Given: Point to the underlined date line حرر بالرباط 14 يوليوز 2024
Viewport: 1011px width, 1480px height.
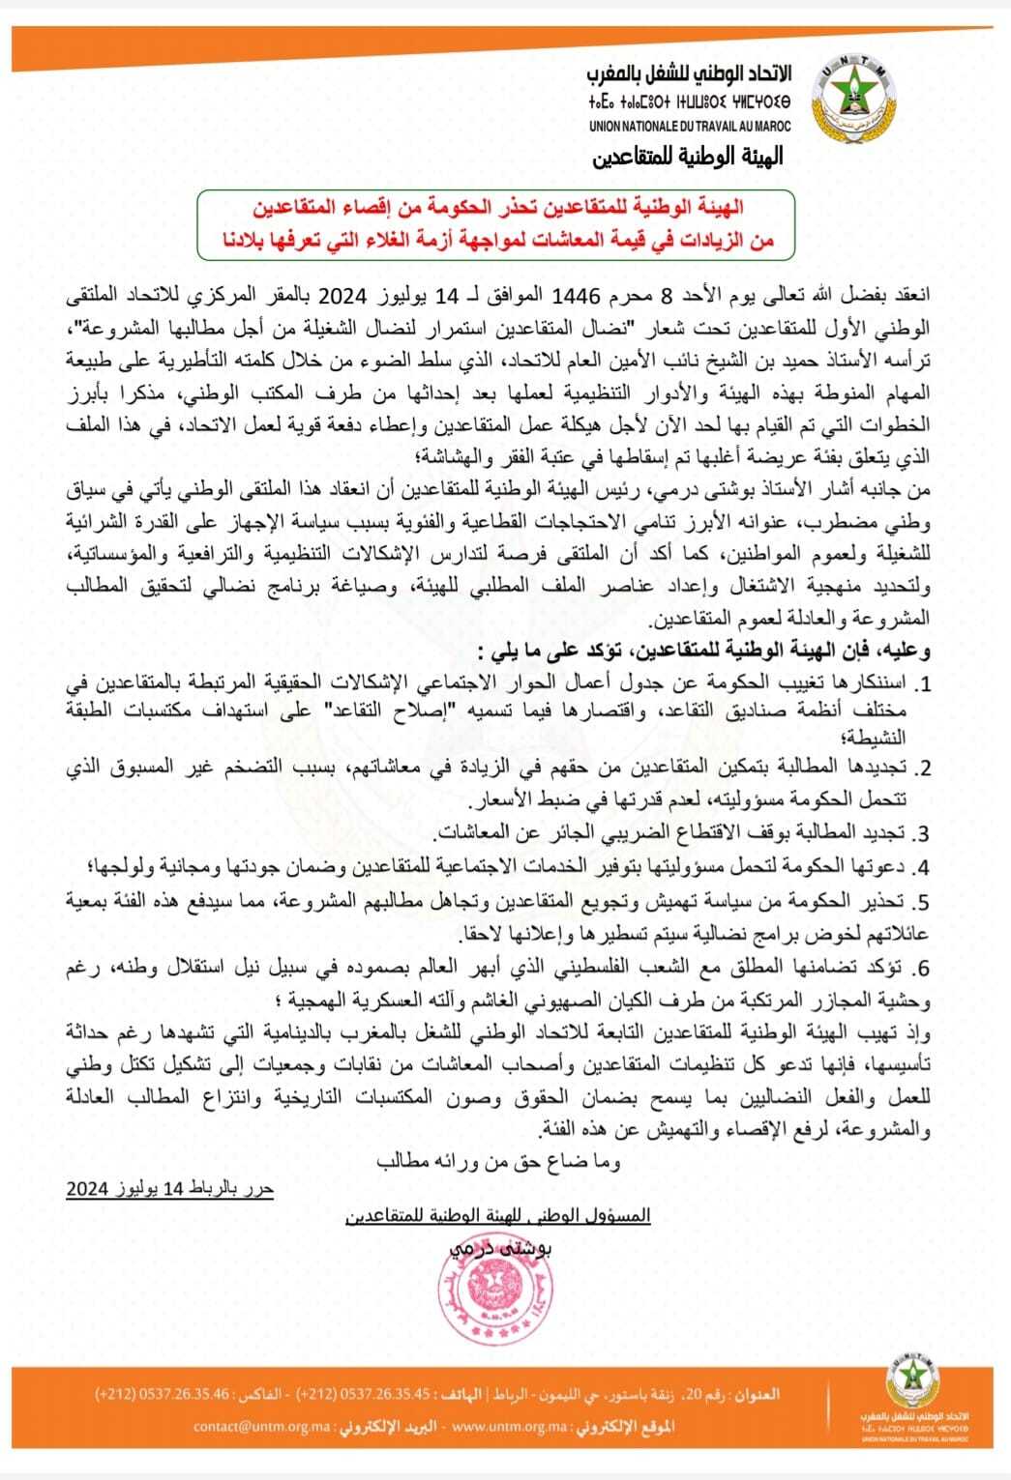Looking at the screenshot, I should click(170, 1188).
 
